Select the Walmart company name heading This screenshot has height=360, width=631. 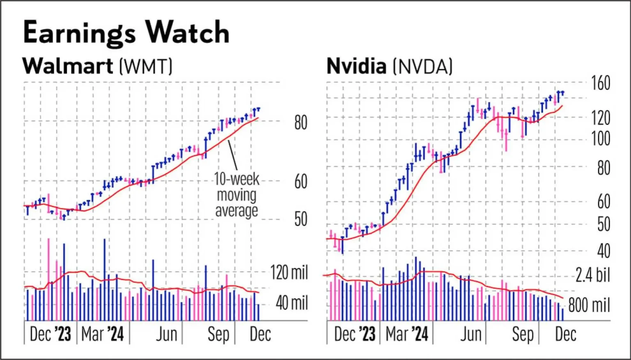click(68, 66)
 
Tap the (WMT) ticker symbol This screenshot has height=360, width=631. click(146, 66)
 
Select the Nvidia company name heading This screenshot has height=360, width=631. click(356, 66)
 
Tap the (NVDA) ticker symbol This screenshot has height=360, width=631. click(423, 67)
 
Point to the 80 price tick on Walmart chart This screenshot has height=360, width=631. click(301, 122)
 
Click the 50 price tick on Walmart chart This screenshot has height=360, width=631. click(301, 219)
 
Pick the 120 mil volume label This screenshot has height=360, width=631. click(289, 272)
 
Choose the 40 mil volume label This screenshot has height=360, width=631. click(292, 303)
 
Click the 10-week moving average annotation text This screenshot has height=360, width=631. click(237, 195)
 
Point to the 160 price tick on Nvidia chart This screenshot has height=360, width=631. click(601, 83)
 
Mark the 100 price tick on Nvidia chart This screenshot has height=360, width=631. click(601, 139)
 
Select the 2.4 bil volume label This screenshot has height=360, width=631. click(592, 275)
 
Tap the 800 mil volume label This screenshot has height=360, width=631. click(589, 305)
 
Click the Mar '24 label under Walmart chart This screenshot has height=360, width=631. click(102, 334)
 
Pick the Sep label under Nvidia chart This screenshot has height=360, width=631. click(522, 334)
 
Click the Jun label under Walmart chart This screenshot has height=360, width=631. click(166, 334)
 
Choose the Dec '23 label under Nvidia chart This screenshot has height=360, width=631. click(355, 334)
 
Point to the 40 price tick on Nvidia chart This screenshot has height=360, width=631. click(603, 251)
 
